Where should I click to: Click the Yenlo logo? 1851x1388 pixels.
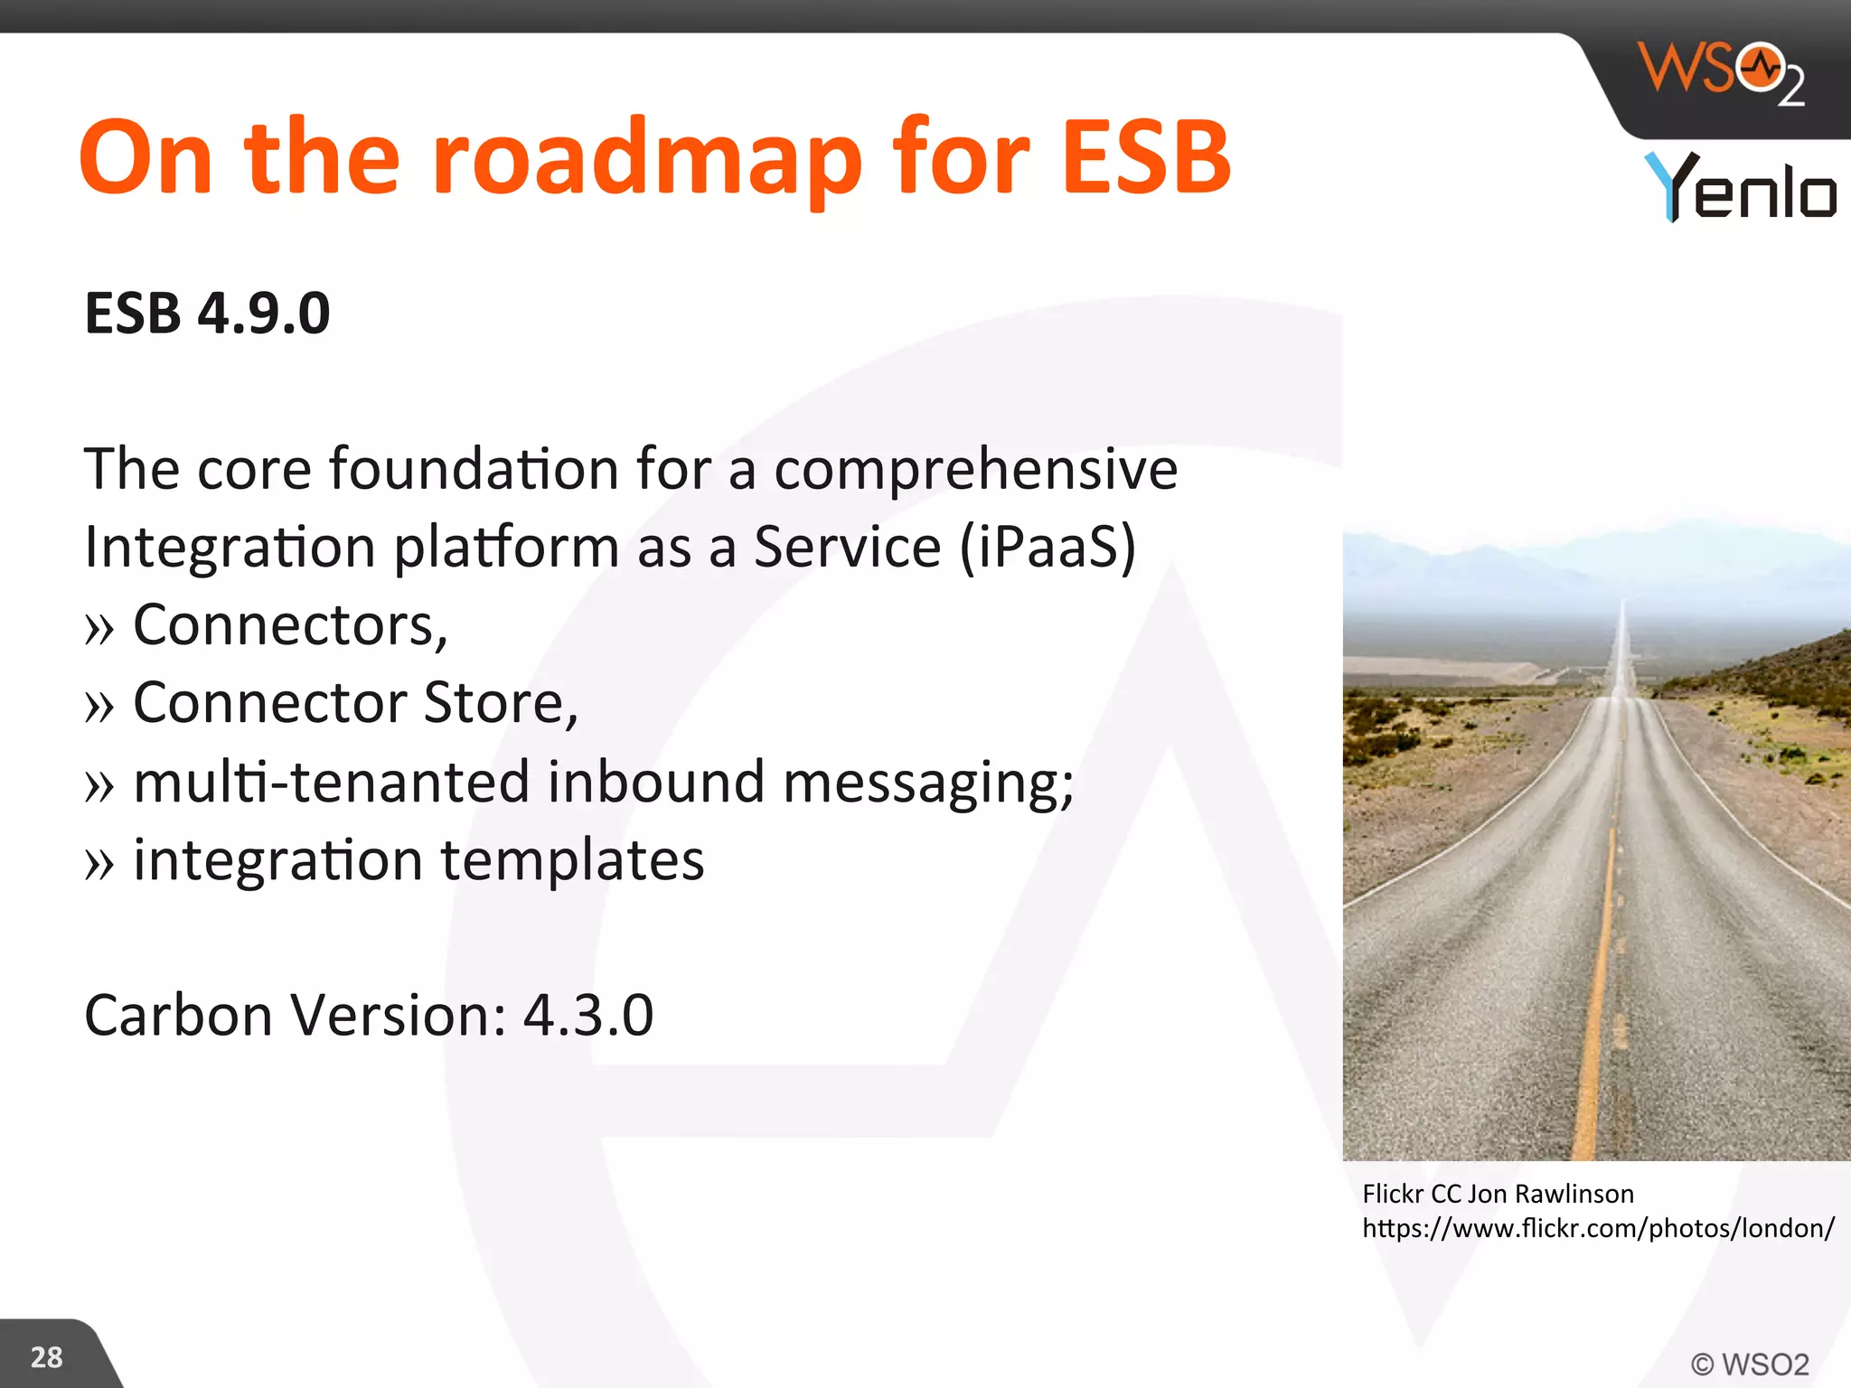tap(1740, 188)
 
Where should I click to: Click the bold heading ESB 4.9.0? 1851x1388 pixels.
tap(207, 314)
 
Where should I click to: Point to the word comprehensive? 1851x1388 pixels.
tap(975, 470)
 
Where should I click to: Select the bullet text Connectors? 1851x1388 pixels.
tap(290, 625)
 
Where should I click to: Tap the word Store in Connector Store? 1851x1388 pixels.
tap(500, 703)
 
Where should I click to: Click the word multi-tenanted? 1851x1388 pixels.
tap(331, 782)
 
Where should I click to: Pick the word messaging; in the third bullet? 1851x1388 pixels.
tap(928, 783)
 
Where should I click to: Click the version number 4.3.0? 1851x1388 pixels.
tap(587, 1016)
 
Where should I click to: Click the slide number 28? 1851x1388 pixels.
tap(46, 1357)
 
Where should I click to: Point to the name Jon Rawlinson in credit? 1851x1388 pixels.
tap(1550, 1195)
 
